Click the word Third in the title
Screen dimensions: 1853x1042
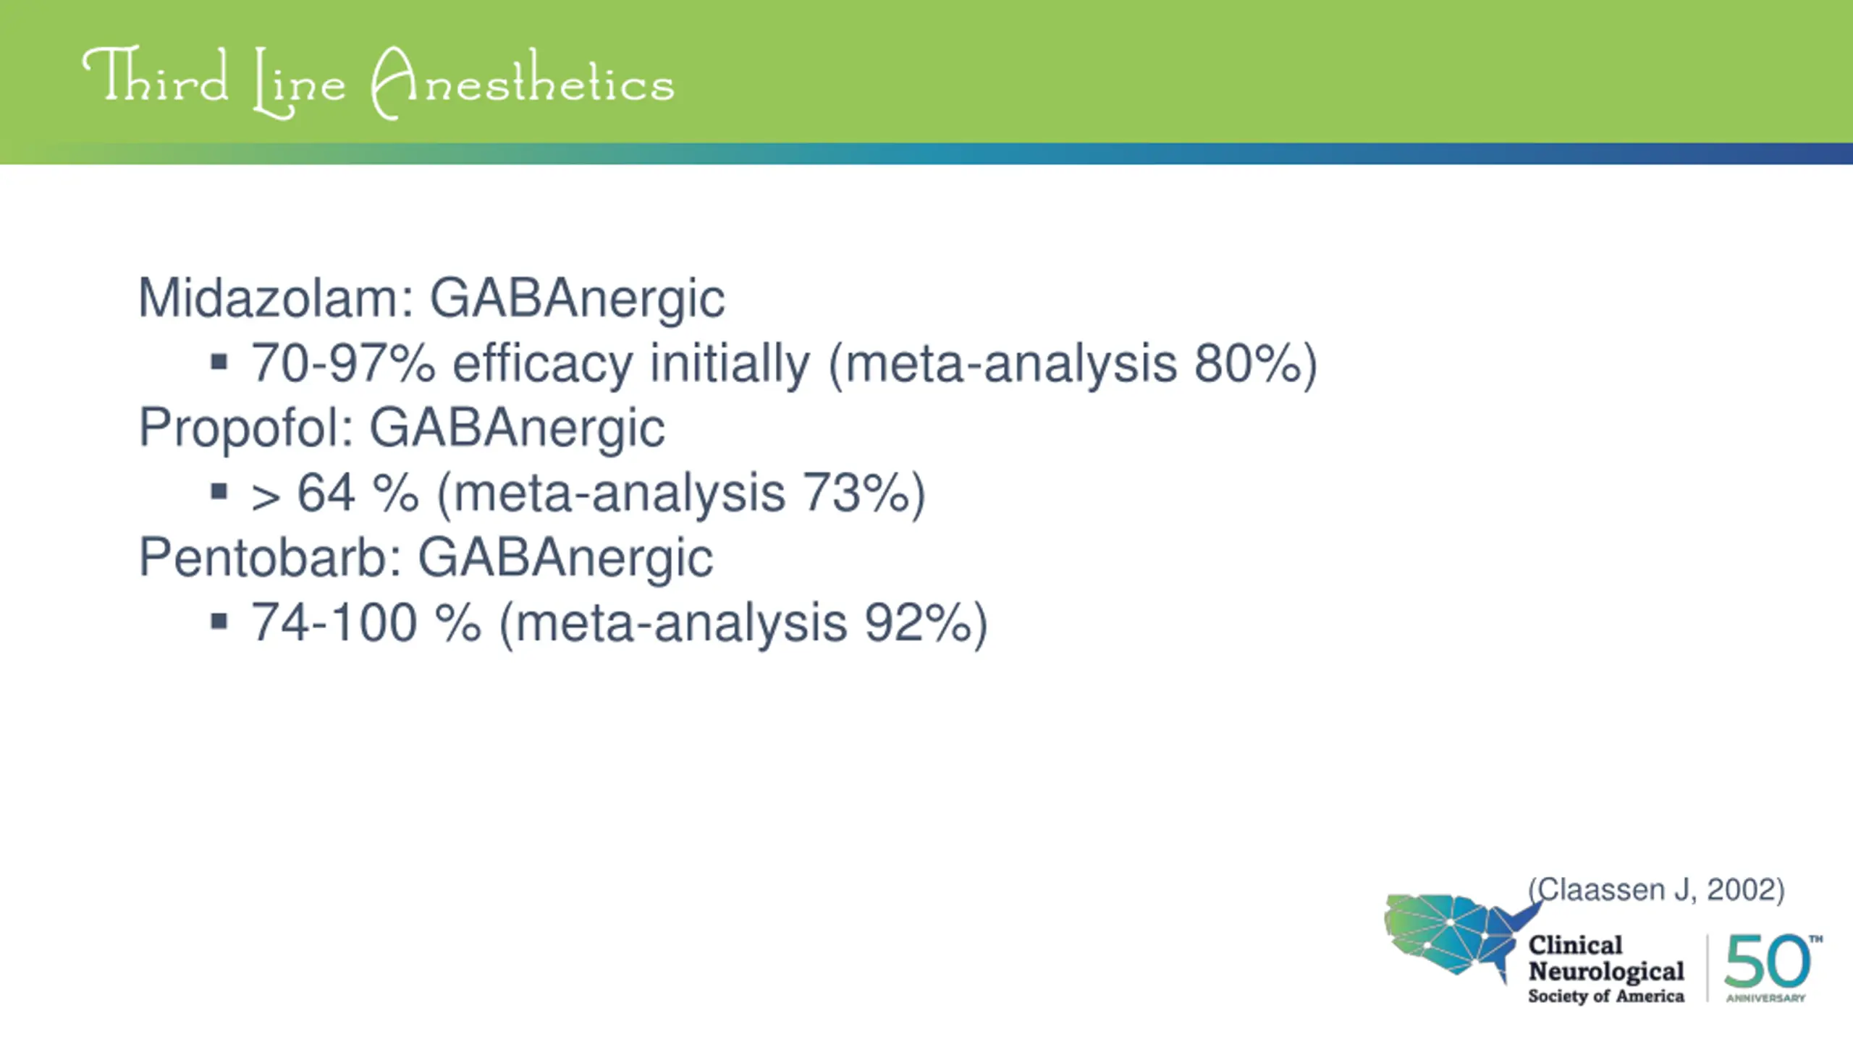point(155,76)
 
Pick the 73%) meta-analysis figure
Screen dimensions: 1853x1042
point(864,494)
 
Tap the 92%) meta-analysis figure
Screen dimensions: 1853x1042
point(926,624)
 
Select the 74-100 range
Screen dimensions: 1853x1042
point(334,622)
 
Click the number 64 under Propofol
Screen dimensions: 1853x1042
point(326,493)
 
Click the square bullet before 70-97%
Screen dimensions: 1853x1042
point(219,362)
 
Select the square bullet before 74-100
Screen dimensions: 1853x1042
point(219,622)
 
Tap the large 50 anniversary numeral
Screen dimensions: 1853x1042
point(1768,960)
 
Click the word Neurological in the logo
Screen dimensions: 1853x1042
point(1606,971)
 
